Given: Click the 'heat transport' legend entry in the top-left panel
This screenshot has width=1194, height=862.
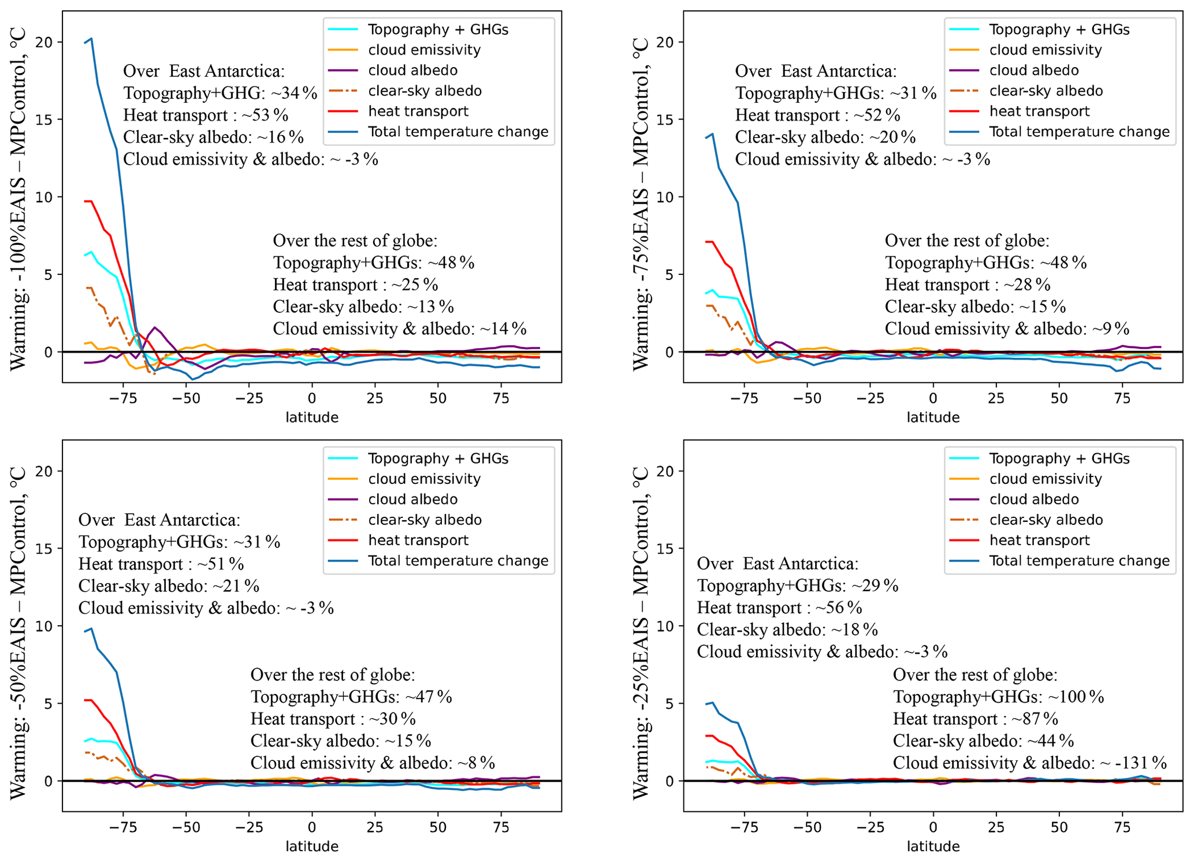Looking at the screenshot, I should (x=418, y=111).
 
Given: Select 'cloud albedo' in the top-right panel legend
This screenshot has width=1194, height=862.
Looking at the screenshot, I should (x=1033, y=70).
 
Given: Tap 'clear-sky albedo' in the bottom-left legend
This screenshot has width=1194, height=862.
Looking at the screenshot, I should (x=425, y=520).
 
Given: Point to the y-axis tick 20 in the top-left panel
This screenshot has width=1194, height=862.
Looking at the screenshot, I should (x=44, y=42).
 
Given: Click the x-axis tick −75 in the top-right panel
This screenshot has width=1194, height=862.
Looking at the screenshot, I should (x=744, y=398).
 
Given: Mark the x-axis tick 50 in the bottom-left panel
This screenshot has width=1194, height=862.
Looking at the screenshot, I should (x=438, y=827).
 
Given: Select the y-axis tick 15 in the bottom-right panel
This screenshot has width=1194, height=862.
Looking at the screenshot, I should (x=665, y=548).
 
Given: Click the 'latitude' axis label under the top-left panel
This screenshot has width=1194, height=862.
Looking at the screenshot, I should (x=312, y=417).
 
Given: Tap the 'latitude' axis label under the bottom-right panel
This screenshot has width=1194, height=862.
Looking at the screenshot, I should (x=933, y=846).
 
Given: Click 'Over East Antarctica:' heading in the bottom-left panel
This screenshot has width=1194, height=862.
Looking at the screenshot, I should (x=159, y=520).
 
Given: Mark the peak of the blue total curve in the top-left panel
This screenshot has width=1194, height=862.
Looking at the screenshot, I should (x=91, y=39).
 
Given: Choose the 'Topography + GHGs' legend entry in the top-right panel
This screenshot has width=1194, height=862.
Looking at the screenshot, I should (x=1059, y=29).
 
